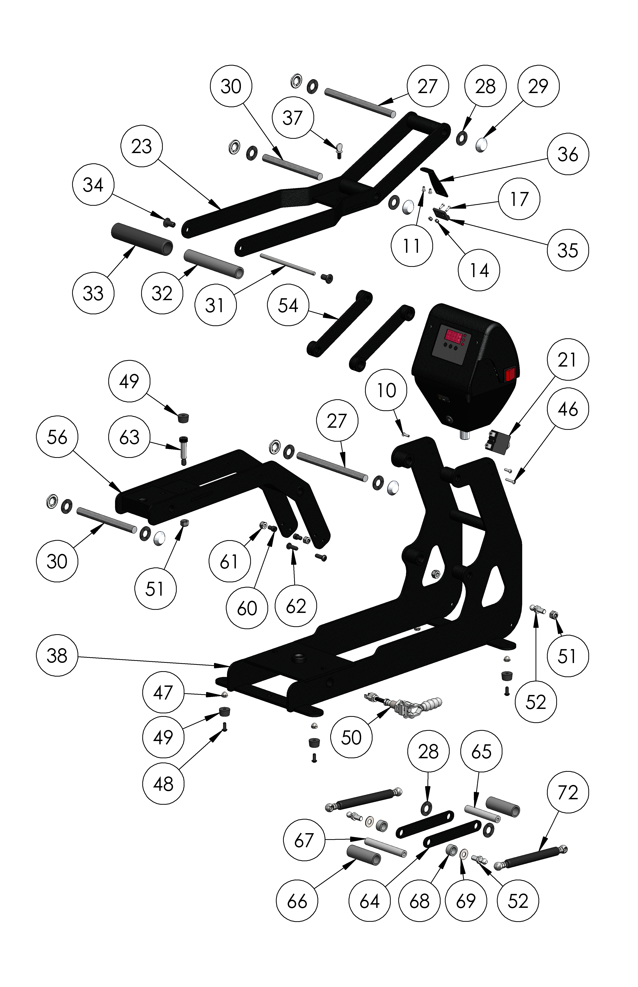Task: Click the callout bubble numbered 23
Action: pyautogui.click(x=142, y=146)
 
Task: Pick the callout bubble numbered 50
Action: pyautogui.click(x=351, y=737)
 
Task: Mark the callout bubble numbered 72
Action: pyautogui.click(x=568, y=793)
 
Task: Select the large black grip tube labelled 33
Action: pyautogui.click(x=142, y=239)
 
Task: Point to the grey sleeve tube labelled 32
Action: pyautogui.click(x=213, y=264)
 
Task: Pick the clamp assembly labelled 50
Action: pyautogui.click(x=404, y=705)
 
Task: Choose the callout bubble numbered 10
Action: pyautogui.click(x=386, y=390)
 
